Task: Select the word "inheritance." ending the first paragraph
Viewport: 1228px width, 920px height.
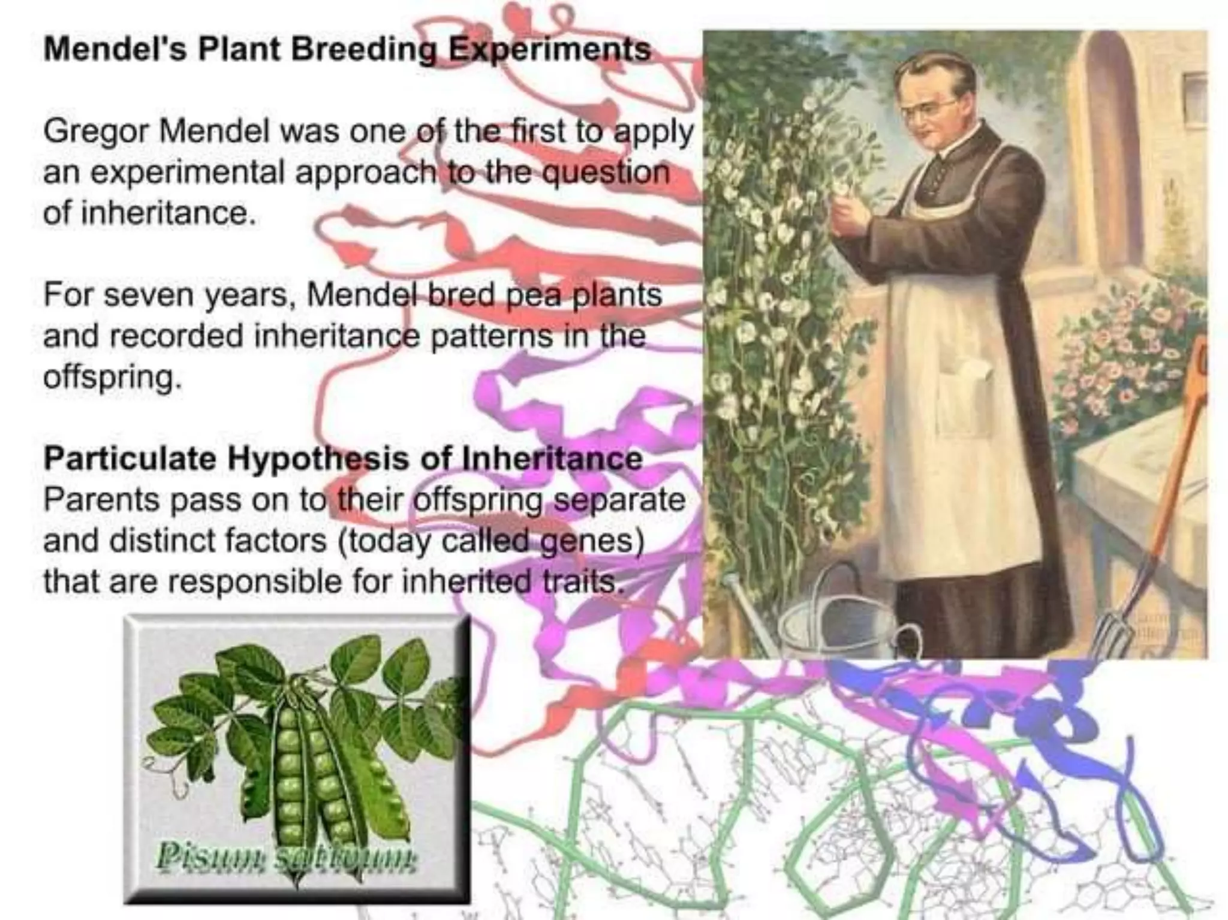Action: coord(149,213)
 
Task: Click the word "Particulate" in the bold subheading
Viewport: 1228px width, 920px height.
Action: coord(130,459)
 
